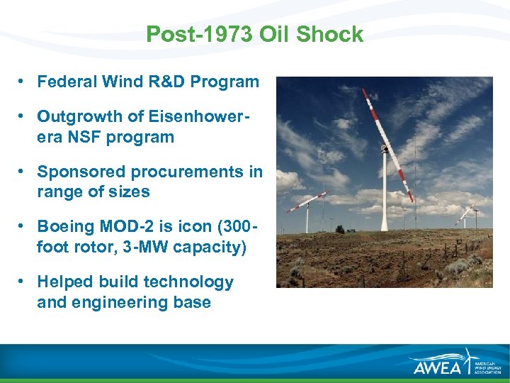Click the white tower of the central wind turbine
pos(385,199)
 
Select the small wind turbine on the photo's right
pos(466,213)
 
